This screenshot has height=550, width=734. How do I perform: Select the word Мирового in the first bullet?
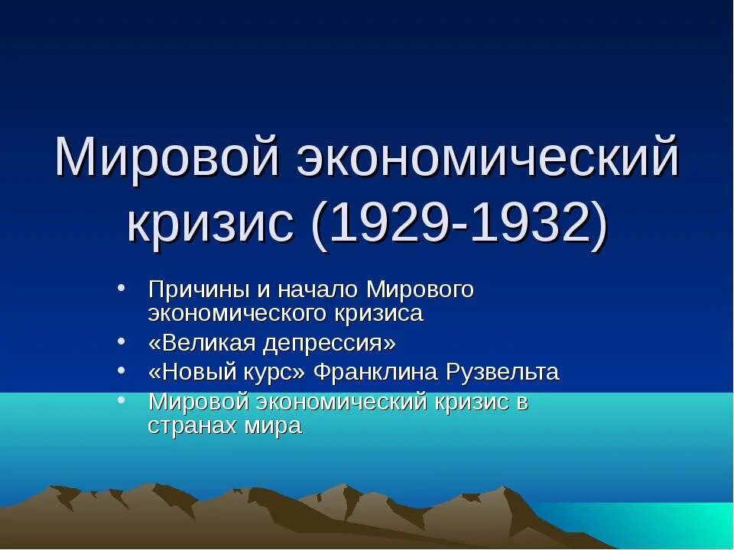421,290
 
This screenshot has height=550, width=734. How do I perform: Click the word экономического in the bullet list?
238,313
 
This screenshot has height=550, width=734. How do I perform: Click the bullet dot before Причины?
123,290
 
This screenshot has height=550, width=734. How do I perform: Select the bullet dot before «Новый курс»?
123,371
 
